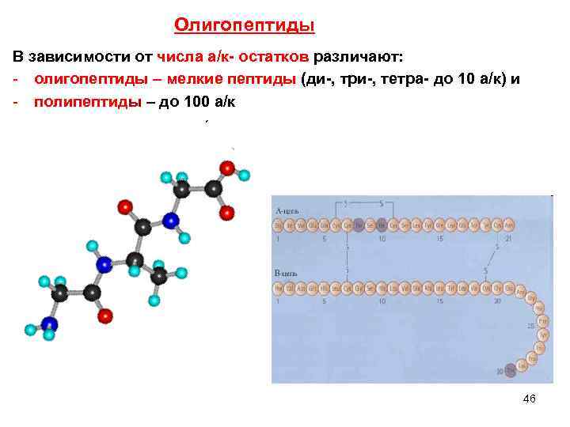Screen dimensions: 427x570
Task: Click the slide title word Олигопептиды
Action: [x=244, y=27]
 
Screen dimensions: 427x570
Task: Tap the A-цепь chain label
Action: [x=287, y=211]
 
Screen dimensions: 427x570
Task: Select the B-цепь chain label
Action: [x=287, y=273]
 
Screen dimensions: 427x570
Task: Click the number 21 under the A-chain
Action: [x=496, y=238]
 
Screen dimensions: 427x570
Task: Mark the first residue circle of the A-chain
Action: [x=279, y=225]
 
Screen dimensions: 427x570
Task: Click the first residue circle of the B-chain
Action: [x=279, y=287]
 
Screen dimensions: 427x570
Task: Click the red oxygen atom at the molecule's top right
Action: [x=227, y=168]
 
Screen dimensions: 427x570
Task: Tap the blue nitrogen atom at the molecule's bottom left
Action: [x=50, y=323]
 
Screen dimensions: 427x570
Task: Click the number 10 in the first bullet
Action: [x=467, y=80]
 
